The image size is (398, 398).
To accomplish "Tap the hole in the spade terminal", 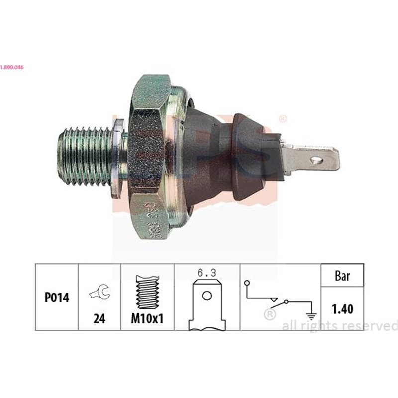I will coord(314,160).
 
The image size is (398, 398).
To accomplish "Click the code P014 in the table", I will coord(57,298).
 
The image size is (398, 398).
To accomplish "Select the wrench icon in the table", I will coord(99,294).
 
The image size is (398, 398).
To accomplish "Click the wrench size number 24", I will coord(100,319).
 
